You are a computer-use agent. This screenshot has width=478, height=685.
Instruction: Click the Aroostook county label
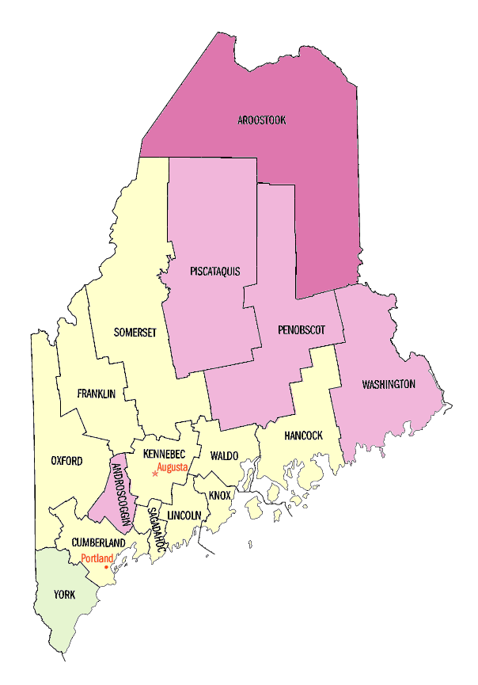[261, 120]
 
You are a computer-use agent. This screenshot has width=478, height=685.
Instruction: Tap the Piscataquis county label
[214, 272]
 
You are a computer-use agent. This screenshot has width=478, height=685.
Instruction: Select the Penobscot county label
[301, 329]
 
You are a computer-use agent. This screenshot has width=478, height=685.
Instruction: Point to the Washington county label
[389, 385]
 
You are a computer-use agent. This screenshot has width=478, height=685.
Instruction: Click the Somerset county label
[135, 333]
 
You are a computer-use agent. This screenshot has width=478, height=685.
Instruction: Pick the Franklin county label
[97, 394]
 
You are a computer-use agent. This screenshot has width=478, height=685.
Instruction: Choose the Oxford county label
[66, 461]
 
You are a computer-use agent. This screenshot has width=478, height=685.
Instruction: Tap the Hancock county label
[303, 436]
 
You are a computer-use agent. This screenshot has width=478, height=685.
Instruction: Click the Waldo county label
[224, 455]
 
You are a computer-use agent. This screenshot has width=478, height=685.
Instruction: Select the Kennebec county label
[164, 454]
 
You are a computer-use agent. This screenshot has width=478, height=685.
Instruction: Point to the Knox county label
[219, 496]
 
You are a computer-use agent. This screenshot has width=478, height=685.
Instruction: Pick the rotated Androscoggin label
[122, 493]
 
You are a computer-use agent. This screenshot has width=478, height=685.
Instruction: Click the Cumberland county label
[98, 542]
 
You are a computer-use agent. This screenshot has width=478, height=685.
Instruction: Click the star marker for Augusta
[154, 474]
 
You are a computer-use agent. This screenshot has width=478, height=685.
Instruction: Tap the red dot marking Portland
[107, 567]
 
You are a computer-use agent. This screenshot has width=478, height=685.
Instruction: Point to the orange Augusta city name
[173, 467]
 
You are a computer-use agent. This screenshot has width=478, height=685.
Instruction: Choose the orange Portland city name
[97, 558]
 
